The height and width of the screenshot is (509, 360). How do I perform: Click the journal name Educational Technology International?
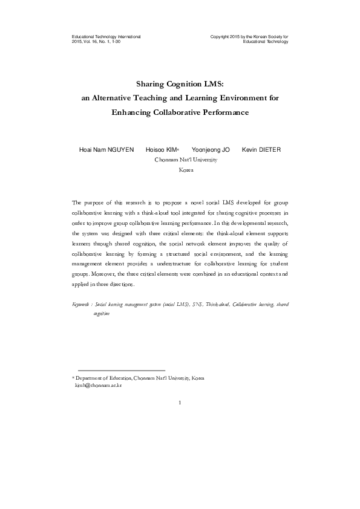[106, 37]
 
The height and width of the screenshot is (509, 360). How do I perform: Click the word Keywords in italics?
[81, 304]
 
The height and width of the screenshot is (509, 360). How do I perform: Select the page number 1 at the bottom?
[180, 401]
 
